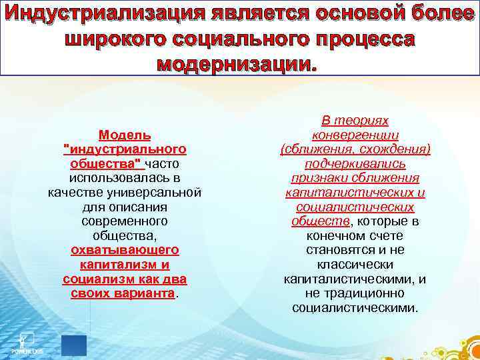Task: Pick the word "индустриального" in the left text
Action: click(125, 149)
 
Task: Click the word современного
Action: click(125, 221)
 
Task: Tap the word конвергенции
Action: click(355, 134)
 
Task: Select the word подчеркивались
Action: click(355, 163)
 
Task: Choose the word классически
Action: click(355, 265)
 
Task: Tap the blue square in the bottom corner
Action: click(73, 345)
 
